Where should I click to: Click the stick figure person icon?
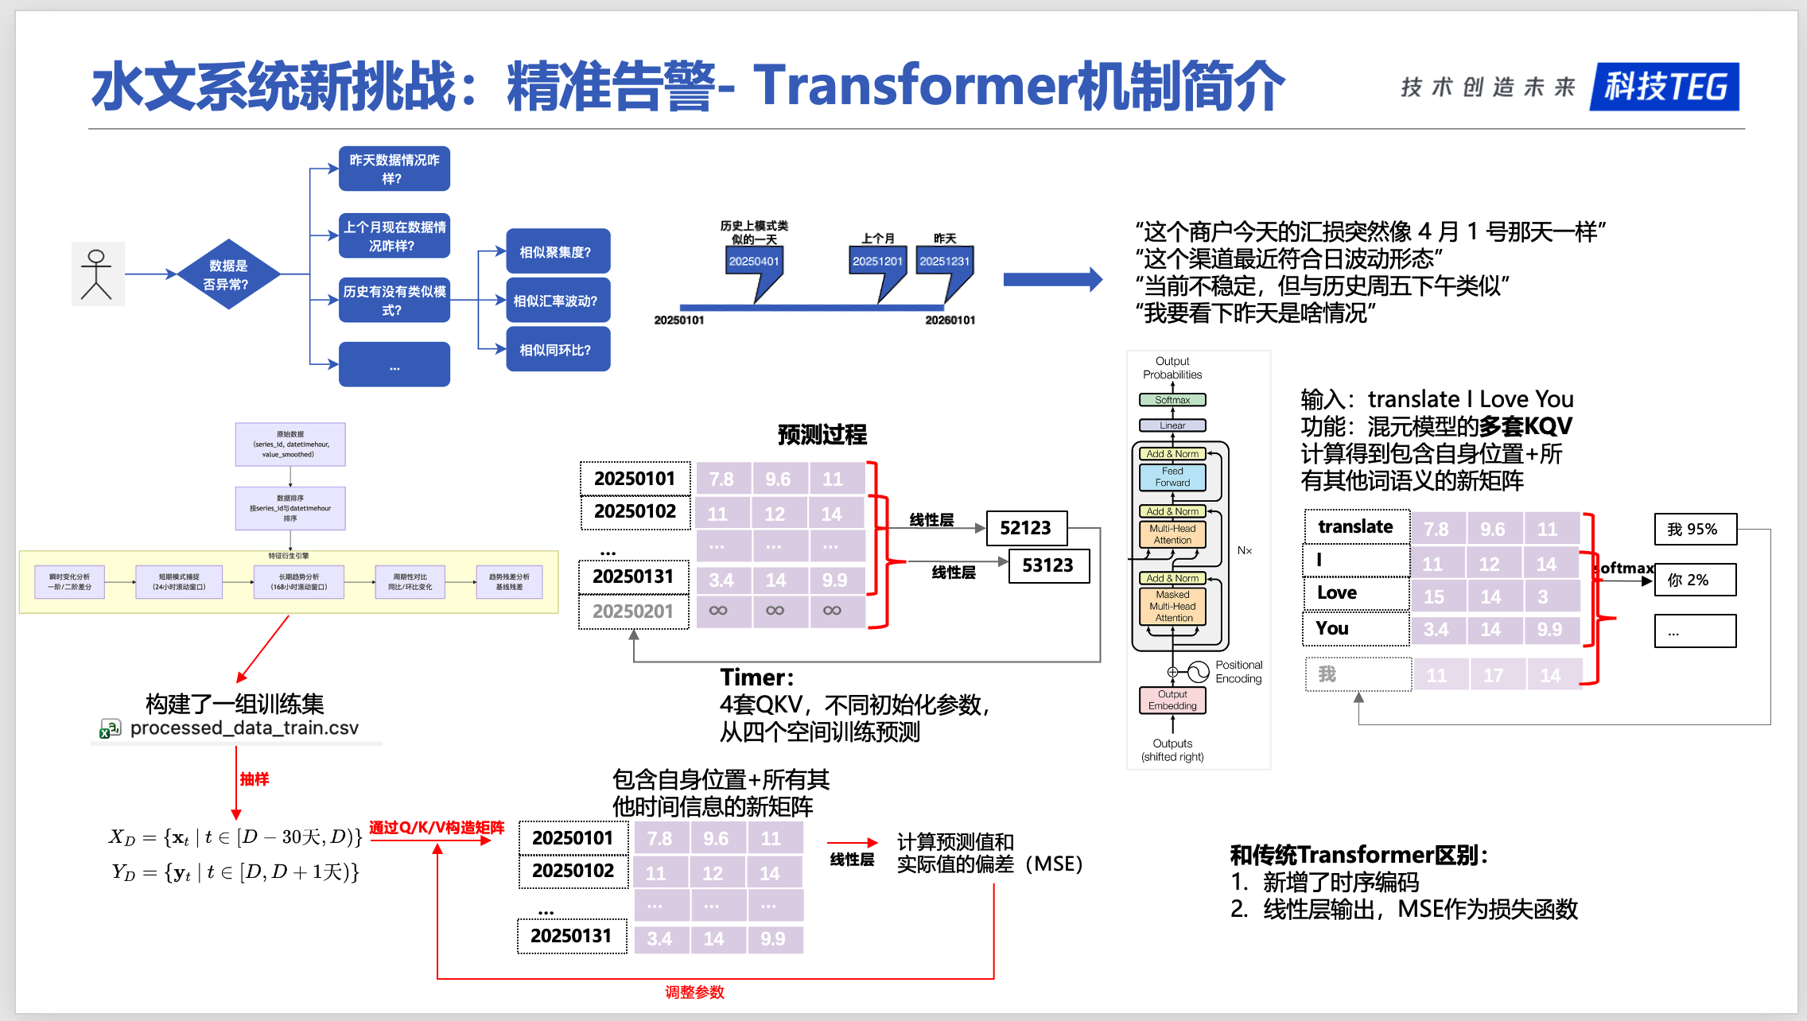(97, 274)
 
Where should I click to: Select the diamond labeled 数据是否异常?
(228, 274)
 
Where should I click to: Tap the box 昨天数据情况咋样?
(394, 169)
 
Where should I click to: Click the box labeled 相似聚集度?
(558, 252)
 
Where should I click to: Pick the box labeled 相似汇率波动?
(558, 301)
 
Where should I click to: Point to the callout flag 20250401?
(754, 262)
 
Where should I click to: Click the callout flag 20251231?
(945, 262)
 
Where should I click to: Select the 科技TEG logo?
(1664, 87)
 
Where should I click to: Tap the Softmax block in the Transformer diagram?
(1172, 400)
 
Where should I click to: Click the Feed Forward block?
(1172, 477)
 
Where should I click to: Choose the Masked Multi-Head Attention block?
(1173, 606)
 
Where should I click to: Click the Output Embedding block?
(1172, 700)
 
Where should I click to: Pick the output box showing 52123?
(1026, 528)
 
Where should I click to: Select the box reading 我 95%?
(1695, 530)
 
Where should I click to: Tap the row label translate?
(1356, 527)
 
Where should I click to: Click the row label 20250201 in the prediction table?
(633, 611)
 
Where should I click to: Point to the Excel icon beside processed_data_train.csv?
(110, 728)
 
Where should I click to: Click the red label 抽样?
(255, 779)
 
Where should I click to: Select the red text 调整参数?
(694, 992)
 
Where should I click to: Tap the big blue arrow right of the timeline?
(1052, 279)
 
